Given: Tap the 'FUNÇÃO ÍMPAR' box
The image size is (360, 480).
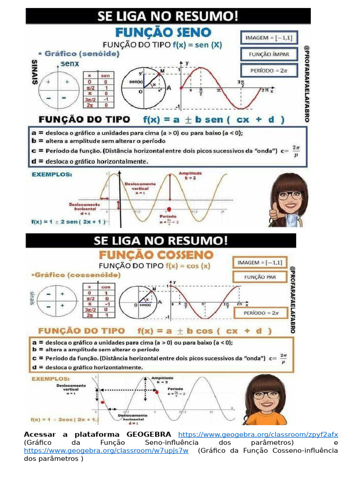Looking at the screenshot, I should (x=269, y=54).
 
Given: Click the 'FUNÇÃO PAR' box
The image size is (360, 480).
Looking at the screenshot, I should (x=260, y=277).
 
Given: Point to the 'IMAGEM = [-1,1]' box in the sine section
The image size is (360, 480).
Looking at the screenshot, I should (x=269, y=37).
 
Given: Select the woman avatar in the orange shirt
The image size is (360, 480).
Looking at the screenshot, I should (x=266, y=399).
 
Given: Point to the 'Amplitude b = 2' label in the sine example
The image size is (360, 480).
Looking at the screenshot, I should (x=190, y=175).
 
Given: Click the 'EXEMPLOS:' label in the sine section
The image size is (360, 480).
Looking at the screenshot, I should (x=52, y=174).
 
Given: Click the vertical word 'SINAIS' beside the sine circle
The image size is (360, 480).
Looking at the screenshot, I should (x=35, y=72).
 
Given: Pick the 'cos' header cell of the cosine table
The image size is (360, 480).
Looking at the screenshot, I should (x=105, y=286).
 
